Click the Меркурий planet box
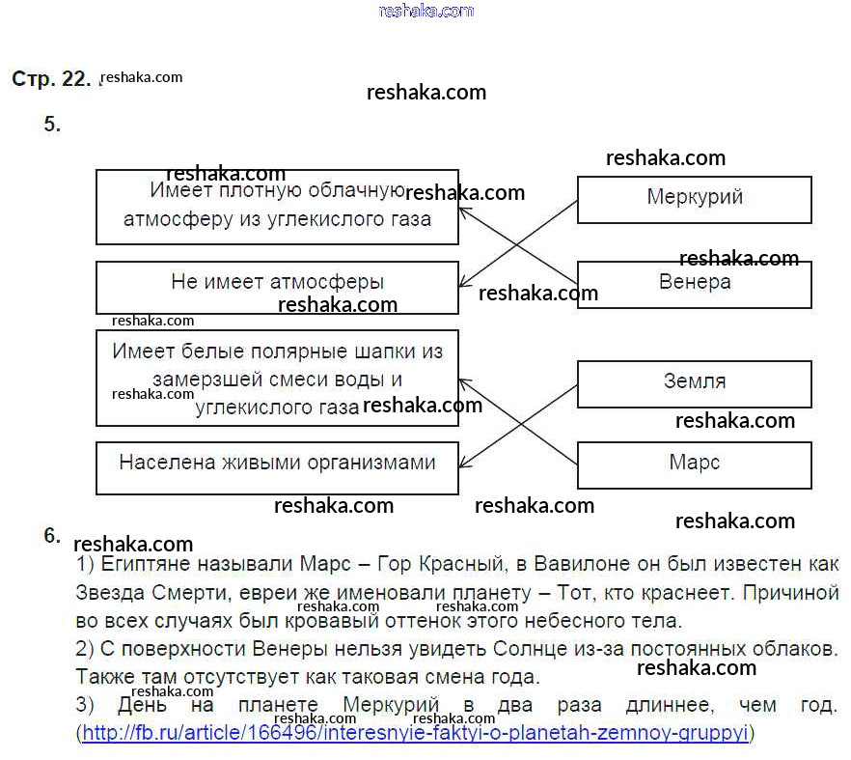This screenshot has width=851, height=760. point(694,199)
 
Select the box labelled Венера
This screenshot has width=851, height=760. point(694,284)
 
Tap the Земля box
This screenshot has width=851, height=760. point(694,382)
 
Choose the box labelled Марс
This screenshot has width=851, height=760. point(694,464)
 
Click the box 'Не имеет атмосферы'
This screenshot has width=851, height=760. point(277,287)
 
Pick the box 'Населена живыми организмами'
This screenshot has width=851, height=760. point(277,467)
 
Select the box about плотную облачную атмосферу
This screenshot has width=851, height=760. point(277,207)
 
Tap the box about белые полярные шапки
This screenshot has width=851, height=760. point(277,378)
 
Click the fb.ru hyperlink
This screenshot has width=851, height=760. point(416,733)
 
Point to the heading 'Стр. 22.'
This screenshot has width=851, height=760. point(51,79)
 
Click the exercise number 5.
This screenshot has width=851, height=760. point(52,124)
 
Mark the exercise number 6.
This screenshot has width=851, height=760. point(52,536)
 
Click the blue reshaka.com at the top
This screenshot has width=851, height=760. point(426,11)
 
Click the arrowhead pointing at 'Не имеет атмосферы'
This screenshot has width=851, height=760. point(464,286)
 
